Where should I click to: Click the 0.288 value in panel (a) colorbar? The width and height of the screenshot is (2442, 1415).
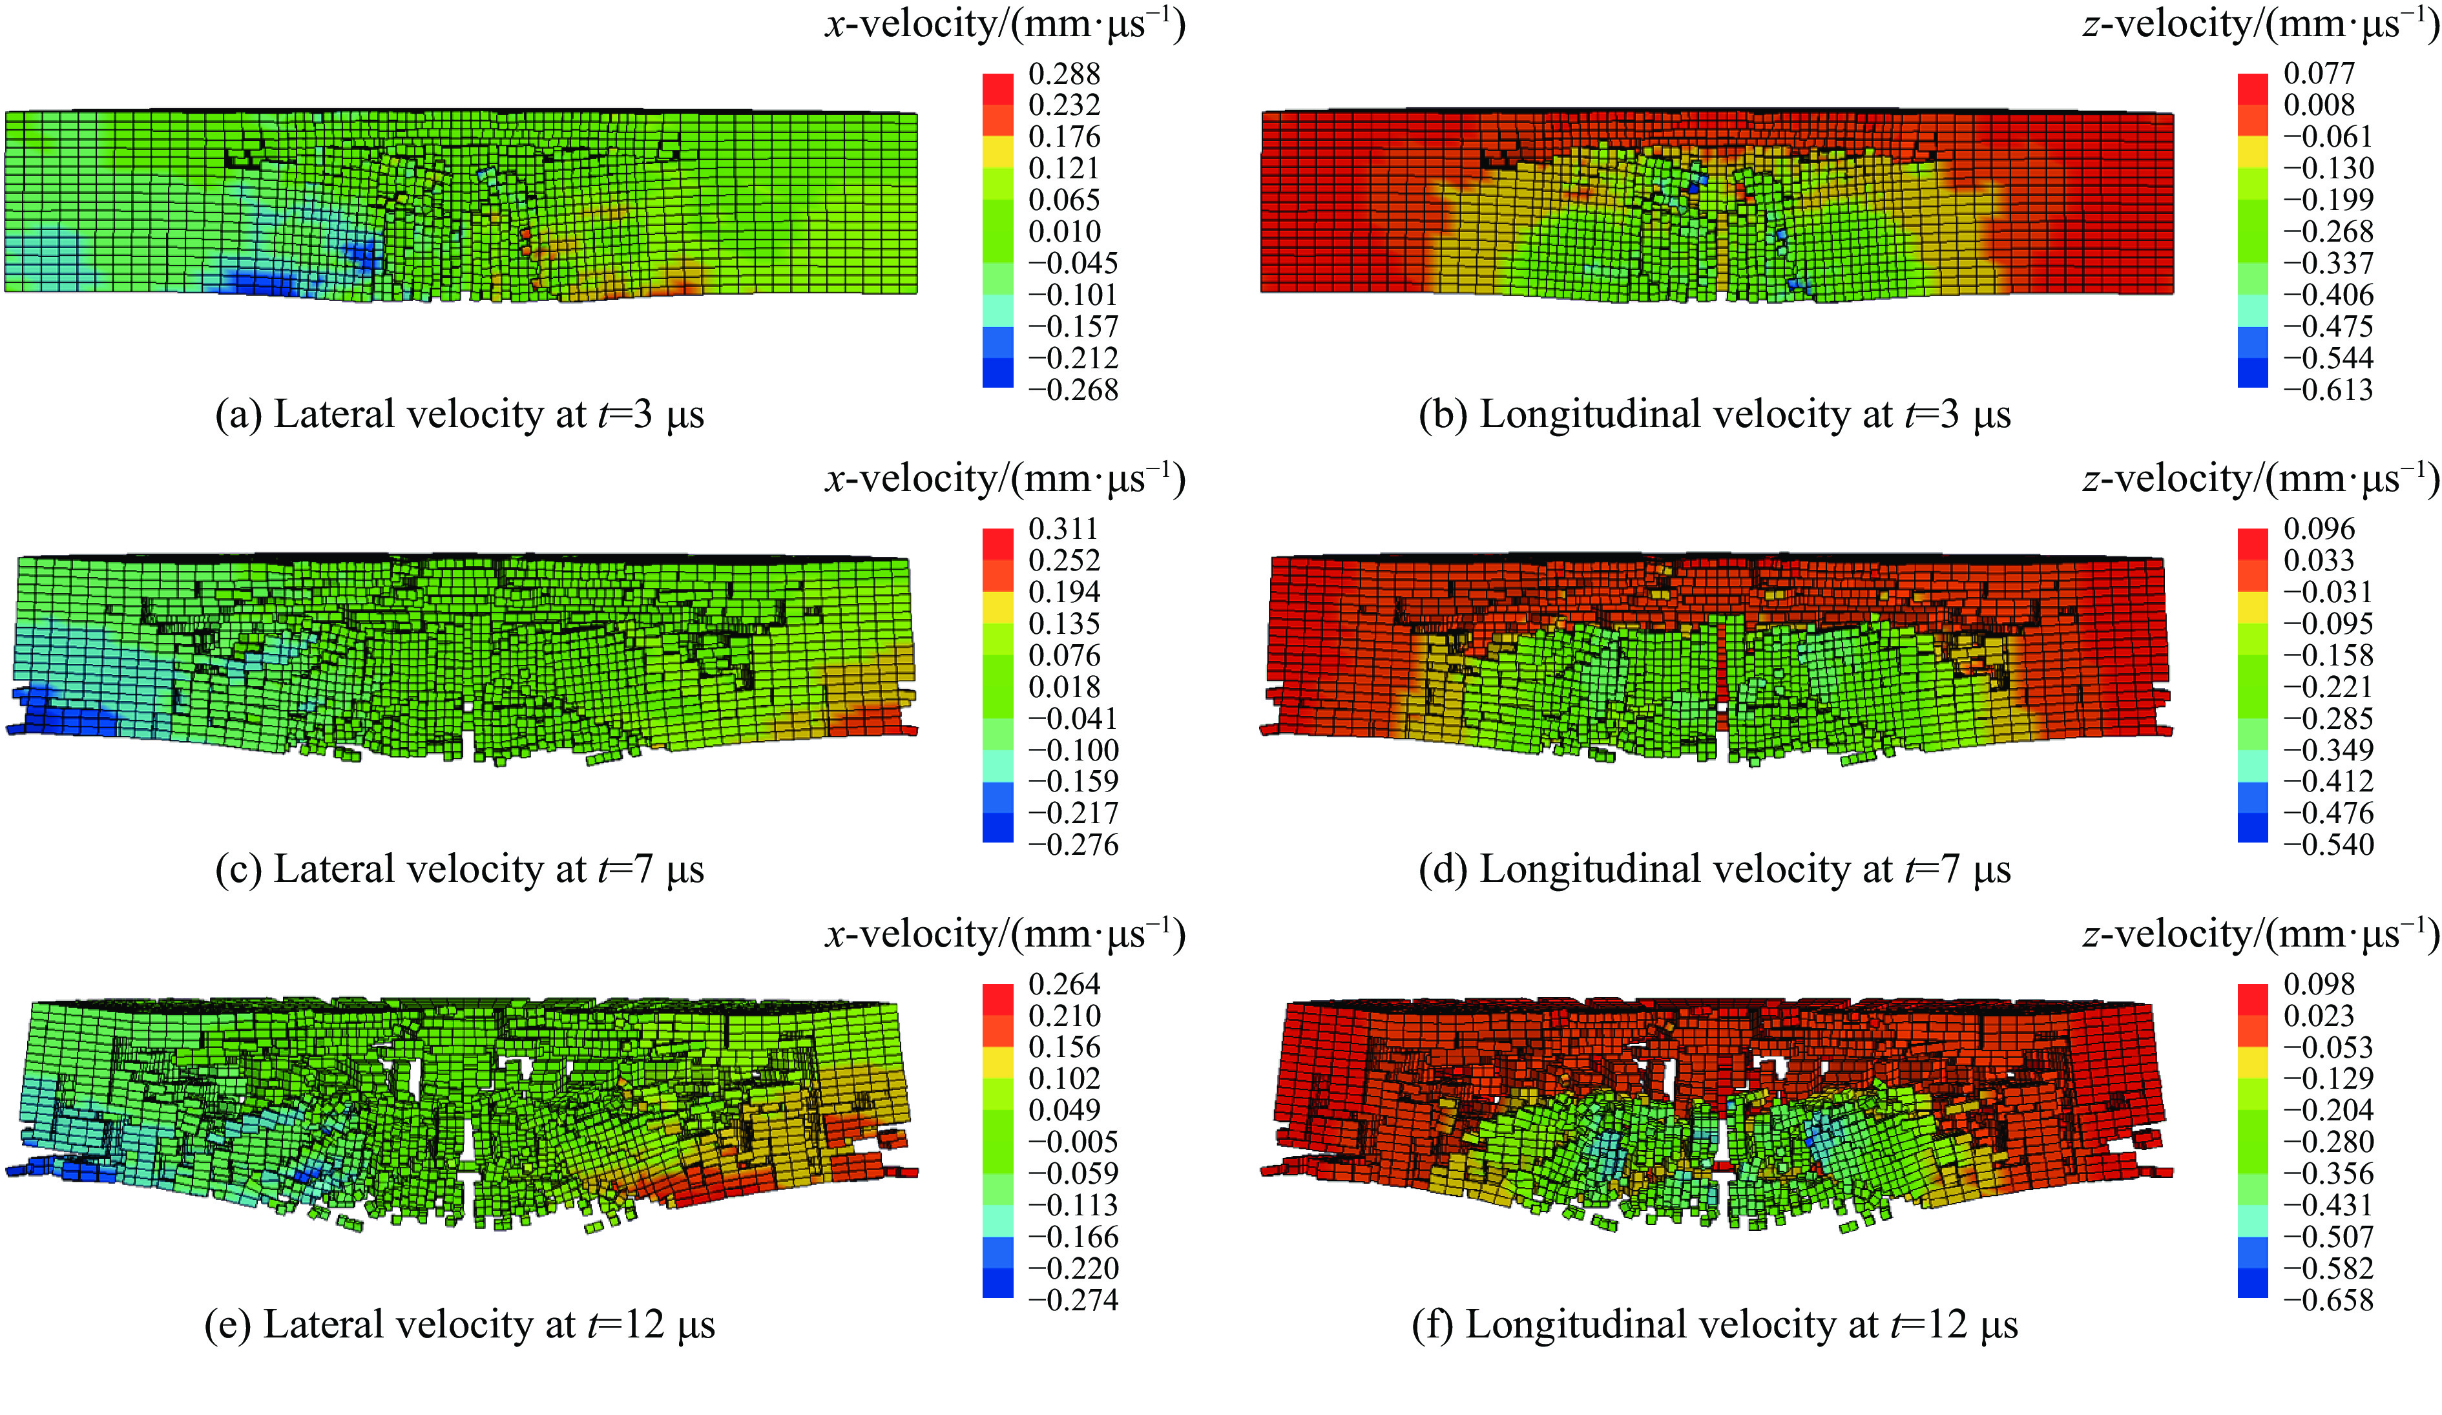click(x=1064, y=74)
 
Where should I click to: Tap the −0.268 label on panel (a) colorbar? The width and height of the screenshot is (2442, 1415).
click(x=1072, y=390)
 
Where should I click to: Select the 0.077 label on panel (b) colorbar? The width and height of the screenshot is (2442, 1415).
click(x=2319, y=74)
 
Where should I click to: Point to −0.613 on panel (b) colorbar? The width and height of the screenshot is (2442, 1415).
click(x=2328, y=390)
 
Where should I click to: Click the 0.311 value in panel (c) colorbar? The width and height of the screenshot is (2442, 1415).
click(x=1064, y=529)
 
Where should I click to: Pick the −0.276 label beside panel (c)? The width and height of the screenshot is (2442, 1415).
click(x=1072, y=844)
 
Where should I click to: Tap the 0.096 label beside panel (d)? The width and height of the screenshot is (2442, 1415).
click(x=2319, y=529)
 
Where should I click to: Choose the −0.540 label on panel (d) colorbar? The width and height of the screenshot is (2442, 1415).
click(x=2328, y=844)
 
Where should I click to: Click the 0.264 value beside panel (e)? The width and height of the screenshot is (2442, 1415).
click(x=1064, y=985)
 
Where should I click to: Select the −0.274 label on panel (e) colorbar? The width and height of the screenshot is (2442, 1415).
click(x=1072, y=1300)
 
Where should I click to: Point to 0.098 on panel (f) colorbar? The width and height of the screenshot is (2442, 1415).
click(x=2319, y=985)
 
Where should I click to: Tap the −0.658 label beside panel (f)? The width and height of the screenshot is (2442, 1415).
click(x=2328, y=1300)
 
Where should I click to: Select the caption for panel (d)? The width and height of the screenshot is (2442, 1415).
click(x=1715, y=870)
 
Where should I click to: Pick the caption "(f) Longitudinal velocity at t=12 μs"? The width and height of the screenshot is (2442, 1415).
click(x=1715, y=1325)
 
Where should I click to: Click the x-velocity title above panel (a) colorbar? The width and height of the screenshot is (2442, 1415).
click(x=1005, y=23)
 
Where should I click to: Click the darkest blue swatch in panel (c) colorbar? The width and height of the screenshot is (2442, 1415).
click(x=997, y=828)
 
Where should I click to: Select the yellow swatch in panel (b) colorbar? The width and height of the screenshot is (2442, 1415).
click(x=2253, y=152)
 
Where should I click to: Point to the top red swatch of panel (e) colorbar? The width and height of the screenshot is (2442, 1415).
click(x=997, y=999)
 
